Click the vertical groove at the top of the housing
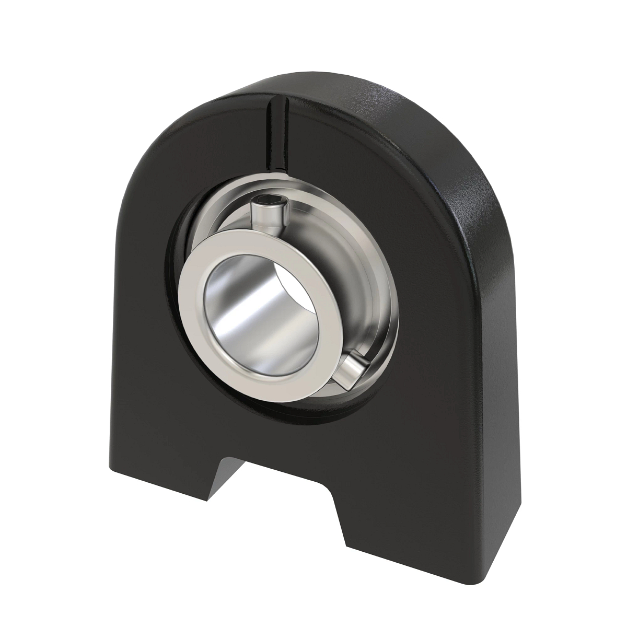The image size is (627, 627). [277, 131]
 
